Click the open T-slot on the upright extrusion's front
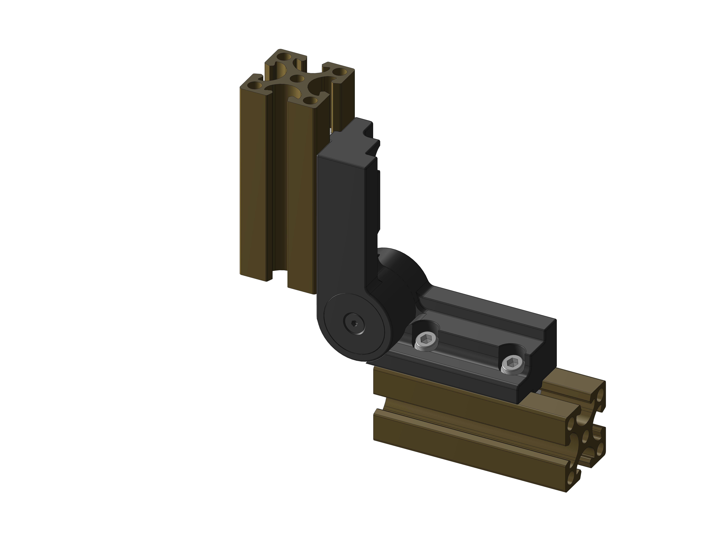[279, 193]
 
